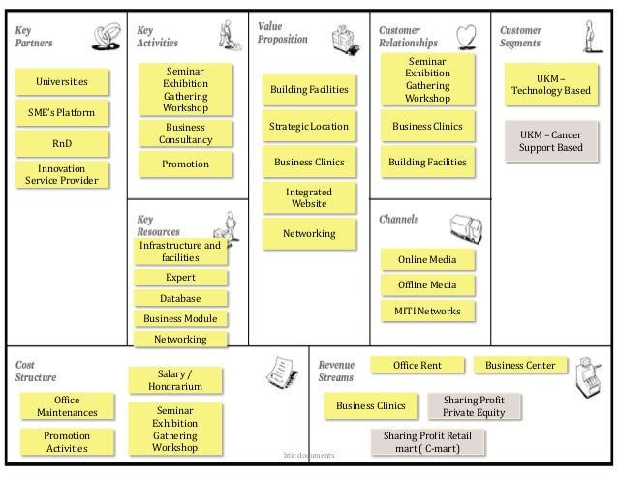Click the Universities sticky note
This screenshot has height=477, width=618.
(61, 82)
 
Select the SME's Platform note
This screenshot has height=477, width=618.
(61, 113)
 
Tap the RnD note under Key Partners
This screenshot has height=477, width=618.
(61, 144)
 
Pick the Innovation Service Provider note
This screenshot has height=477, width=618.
(61, 174)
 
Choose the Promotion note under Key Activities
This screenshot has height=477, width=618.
(185, 164)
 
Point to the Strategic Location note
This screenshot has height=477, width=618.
(309, 127)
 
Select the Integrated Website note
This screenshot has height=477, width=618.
(309, 198)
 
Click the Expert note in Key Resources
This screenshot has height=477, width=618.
(180, 278)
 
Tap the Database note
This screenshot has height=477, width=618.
(180, 299)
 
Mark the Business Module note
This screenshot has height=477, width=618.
(180, 319)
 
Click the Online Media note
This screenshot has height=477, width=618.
(427, 260)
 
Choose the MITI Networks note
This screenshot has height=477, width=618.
(427, 311)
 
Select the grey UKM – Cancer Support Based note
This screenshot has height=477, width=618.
(551, 140)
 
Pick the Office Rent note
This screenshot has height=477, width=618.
(417, 365)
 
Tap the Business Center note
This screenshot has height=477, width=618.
(520, 365)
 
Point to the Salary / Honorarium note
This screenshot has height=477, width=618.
(174, 380)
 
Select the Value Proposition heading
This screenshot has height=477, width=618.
(282, 32)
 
